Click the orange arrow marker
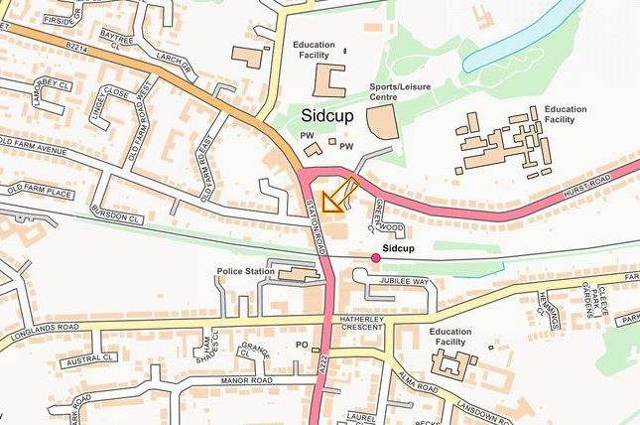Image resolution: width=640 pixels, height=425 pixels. [x=336, y=196]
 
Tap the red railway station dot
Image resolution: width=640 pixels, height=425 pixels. [x=376, y=258]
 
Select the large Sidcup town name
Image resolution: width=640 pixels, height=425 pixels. [x=327, y=116]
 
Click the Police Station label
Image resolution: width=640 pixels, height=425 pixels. [x=245, y=271]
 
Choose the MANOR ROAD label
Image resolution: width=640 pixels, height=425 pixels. [x=247, y=380]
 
